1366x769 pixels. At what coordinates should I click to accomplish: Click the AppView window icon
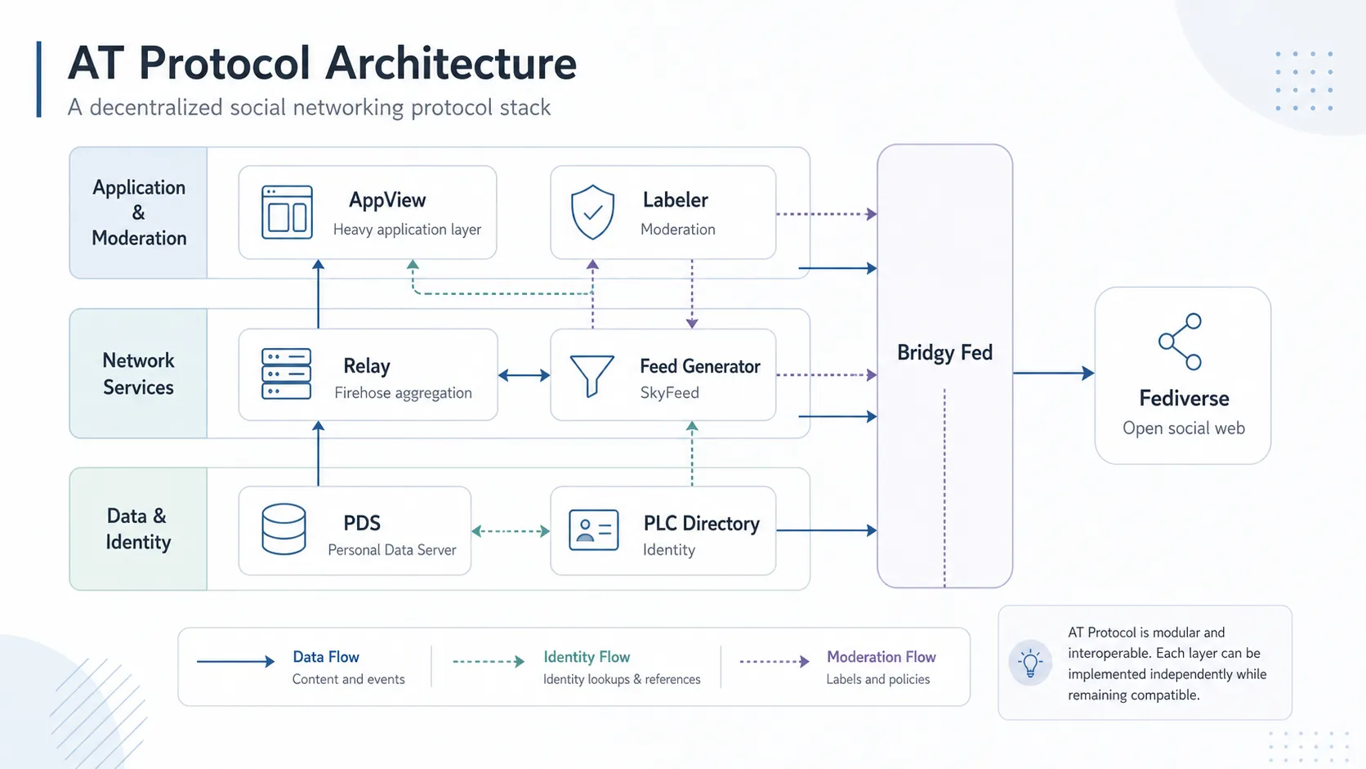pos(287,212)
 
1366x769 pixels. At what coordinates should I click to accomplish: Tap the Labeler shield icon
pos(592,212)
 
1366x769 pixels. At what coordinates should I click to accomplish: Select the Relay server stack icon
pos(286,373)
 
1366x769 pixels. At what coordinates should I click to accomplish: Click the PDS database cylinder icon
pos(283,529)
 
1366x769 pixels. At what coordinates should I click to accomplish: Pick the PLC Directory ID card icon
pos(593,530)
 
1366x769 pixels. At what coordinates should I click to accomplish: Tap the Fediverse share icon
pos(1181,342)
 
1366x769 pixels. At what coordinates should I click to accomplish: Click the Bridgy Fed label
pos(944,352)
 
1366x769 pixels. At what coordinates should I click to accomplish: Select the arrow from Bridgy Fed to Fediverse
pos(1053,373)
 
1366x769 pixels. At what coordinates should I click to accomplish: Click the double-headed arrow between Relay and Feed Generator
pos(524,375)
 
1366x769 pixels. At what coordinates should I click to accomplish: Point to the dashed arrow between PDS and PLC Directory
pos(511,531)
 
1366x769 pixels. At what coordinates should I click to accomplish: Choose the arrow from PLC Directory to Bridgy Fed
pos(826,530)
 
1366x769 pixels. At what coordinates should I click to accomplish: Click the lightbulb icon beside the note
pos(1030,663)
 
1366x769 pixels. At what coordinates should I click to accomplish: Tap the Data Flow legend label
pos(326,657)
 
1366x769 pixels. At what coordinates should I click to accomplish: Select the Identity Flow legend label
pos(587,657)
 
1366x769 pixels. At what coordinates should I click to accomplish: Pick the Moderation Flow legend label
pos(882,657)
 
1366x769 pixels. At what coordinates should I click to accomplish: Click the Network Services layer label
pos(138,373)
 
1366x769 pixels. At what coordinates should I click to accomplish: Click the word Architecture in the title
pos(451,63)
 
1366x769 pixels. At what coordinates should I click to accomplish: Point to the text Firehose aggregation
pos(403,393)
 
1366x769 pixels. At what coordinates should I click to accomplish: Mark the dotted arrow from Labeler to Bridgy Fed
pos(826,214)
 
